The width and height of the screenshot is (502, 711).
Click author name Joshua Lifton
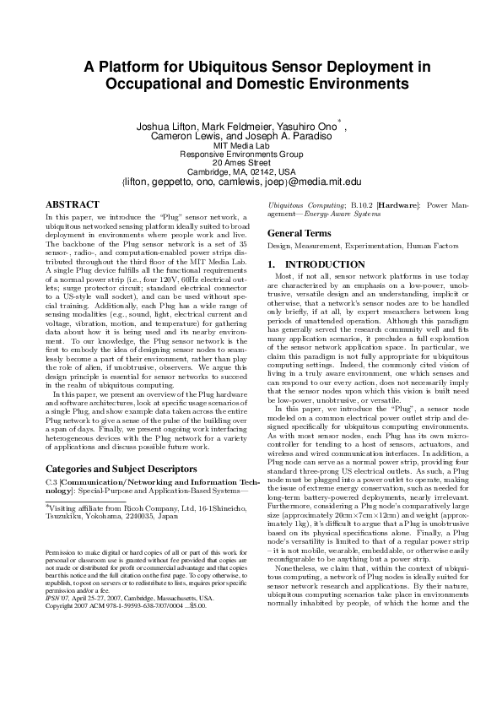point(169,127)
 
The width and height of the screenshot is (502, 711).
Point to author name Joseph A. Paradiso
point(284,136)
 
